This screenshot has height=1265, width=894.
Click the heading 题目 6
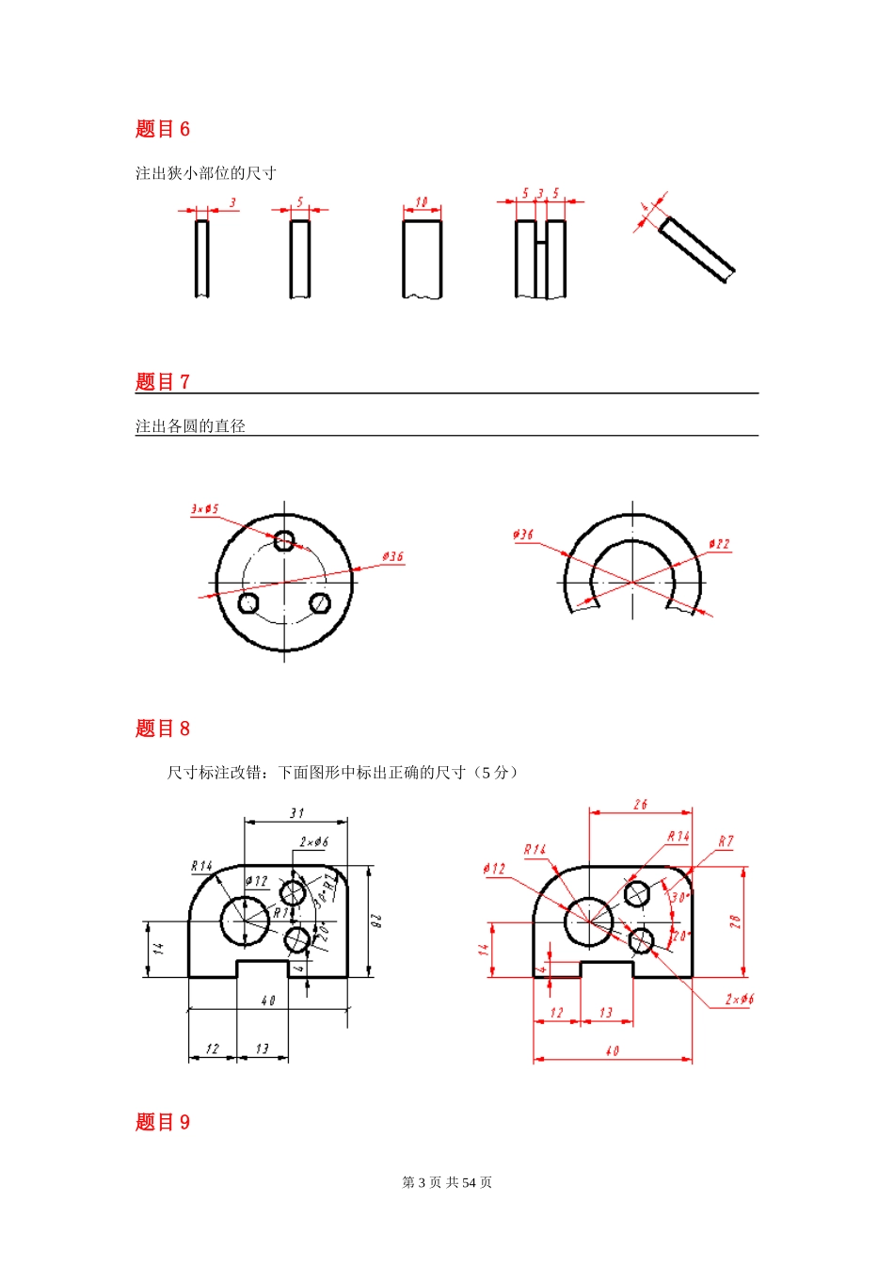point(162,129)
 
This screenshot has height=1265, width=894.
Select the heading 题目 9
point(162,1122)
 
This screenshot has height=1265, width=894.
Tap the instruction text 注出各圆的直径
point(190,426)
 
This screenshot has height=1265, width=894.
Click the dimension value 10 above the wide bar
point(422,202)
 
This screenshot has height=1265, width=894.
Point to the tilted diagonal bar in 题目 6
point(697,249)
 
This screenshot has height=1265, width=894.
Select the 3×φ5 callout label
point(204,509)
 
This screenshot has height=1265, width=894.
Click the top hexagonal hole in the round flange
point(284,540)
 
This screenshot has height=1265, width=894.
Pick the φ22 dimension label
point(719,544)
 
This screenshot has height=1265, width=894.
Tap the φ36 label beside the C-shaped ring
point(523,535)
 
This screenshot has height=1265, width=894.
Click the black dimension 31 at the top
point(296,812)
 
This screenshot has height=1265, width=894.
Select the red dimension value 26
point(640,805)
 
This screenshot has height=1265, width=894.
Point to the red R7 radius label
point(726,841)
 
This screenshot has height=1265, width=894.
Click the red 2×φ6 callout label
point(739,999)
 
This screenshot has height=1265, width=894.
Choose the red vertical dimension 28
point(736,921)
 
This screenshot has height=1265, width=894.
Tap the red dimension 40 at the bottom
point(613,1050)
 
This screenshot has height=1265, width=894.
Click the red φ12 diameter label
point(495,868)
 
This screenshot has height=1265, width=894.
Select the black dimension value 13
point(262,1049)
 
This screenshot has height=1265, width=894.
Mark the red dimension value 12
point(556,1013)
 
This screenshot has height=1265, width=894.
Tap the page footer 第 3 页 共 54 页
point(447,1182)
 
